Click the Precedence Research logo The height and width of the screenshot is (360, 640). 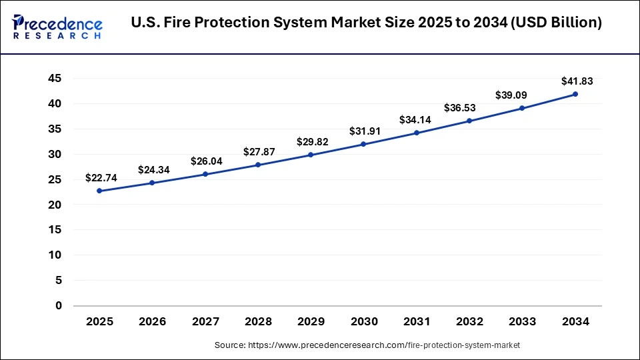point(57,26)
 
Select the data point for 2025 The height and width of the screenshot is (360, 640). point(99,191)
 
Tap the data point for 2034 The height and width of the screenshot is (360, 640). point(575,94)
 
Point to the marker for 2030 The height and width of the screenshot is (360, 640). point(364,144)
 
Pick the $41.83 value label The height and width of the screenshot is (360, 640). point(577,81)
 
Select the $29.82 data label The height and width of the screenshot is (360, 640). point(312,142)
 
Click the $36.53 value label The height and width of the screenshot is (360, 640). point(471,108)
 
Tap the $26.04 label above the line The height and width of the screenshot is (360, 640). point(207,161)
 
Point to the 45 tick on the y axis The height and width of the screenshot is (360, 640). point(55,79)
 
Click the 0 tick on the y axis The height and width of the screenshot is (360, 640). point(59,306)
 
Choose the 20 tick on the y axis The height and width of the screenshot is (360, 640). point(55,205)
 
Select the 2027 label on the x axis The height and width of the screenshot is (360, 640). point(205,322)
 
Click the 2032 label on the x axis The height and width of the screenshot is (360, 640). point(470,322)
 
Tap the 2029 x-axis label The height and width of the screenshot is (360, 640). point(311,322)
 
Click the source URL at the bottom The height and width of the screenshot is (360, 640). point(367,345)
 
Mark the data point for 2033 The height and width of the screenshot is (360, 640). point(523,108)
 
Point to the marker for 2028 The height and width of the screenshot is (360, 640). point(258,165)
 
